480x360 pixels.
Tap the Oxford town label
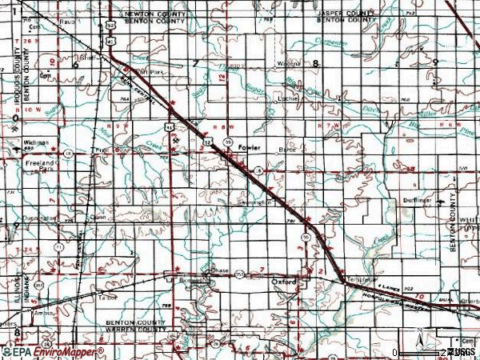coord(283,282)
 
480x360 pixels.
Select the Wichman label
coord(36,142)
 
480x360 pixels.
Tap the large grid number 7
coord(194,62)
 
